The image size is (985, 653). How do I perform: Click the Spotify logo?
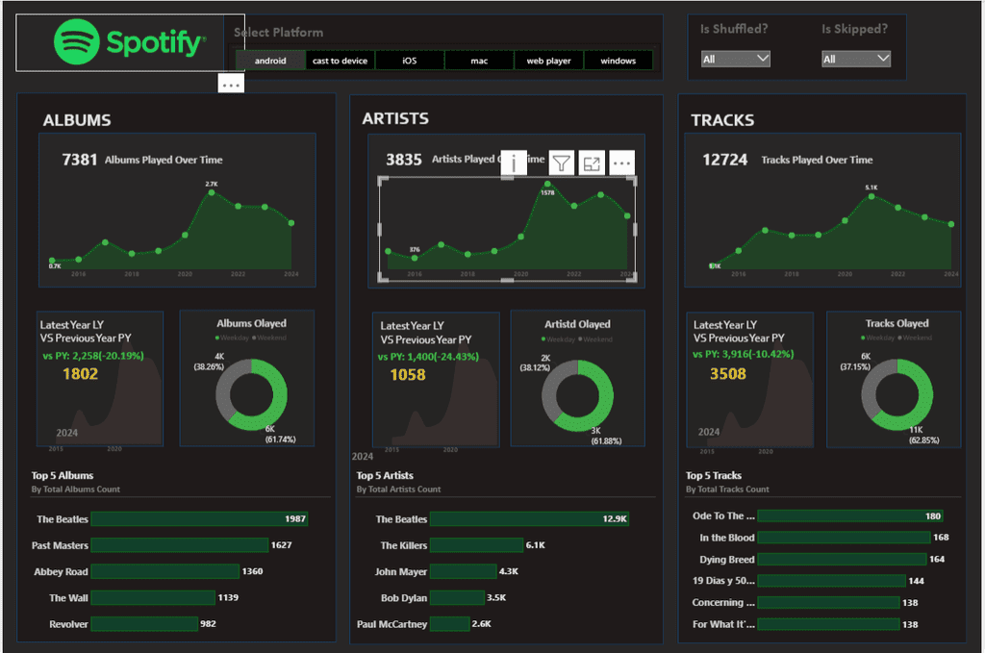pos(130,42)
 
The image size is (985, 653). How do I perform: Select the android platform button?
pos(270,61)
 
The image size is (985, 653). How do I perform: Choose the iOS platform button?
pos(410,61)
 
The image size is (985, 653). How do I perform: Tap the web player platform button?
pos(548,61)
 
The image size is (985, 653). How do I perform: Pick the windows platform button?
pos(618,61)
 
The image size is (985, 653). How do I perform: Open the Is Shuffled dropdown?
pos(736,59)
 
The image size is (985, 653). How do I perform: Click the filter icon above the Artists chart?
pos(561,163)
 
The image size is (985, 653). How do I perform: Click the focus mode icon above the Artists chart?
pos(592,163)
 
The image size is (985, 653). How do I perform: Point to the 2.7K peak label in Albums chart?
pos(212,184)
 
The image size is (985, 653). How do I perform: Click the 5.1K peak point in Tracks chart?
pos(871,197)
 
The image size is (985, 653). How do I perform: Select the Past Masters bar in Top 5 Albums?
pos(179,545)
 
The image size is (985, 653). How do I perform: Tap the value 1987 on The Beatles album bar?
pos(295,519)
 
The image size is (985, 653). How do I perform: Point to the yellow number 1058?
pos(407,375)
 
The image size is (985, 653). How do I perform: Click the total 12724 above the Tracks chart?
pos(724,160)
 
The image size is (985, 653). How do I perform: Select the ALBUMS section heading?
pos(77,120)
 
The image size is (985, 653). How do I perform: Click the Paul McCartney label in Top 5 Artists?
pos(391,624)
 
